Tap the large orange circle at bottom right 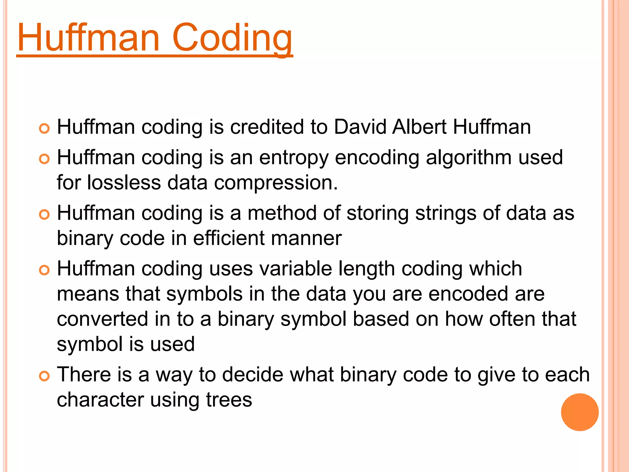580,412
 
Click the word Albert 419,127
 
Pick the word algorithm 469,157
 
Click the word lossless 124,182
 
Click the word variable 295,268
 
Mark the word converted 102,319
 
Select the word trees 229,400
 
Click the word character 100,400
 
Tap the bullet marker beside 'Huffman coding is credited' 44,128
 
